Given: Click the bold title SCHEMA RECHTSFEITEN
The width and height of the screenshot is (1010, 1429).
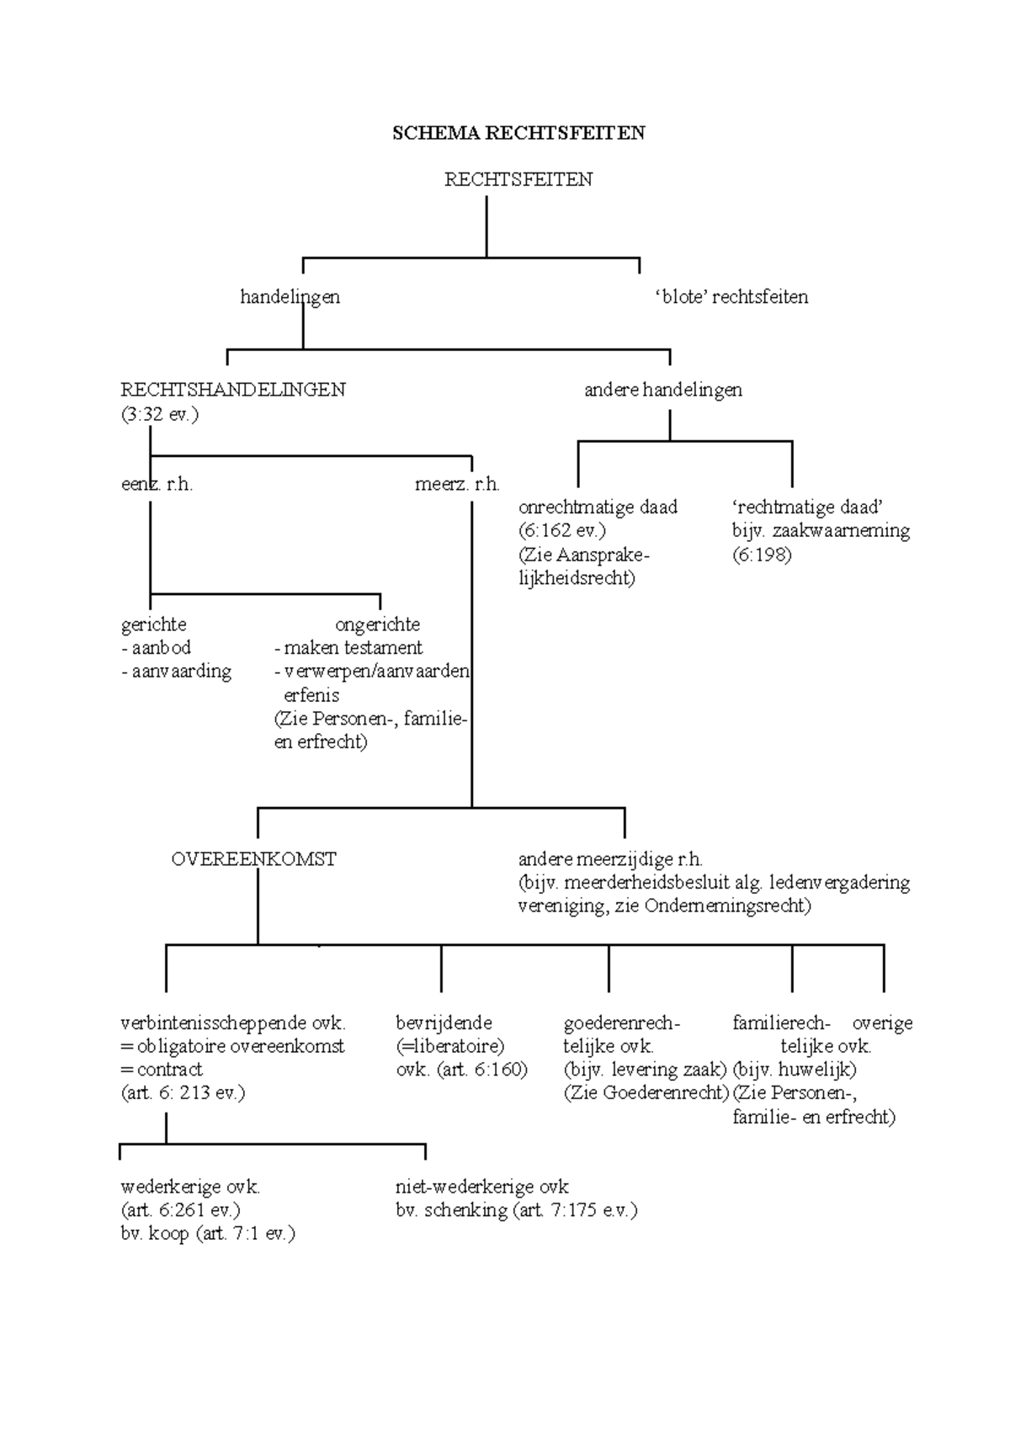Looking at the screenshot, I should tap(518, 133).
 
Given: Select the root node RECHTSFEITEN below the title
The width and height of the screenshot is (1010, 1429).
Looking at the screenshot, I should tap(518, 179).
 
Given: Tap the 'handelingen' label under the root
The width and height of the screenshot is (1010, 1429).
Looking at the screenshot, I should tap(290, 297).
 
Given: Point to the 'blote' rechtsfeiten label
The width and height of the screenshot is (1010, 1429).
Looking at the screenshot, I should tap(731, 297).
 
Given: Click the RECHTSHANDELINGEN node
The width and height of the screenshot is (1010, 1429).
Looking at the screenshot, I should tap(233, 390).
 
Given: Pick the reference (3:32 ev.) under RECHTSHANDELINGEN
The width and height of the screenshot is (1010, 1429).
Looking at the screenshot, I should tap(160, 414).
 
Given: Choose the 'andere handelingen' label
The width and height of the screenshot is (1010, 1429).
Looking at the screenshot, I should tap(663, 390).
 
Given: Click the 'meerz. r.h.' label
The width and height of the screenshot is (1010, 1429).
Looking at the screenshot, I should tap(457, 485).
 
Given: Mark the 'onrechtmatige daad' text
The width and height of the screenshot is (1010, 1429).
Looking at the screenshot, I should tap(598, 507).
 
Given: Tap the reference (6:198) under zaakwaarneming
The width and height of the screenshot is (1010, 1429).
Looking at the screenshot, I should tap(762, 555).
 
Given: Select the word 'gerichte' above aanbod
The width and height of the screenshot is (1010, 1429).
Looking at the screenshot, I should tap(154, 624).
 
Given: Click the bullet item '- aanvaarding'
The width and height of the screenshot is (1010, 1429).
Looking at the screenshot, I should tap(176, 672).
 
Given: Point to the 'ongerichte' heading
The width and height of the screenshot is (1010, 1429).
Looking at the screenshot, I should tap(377, 624).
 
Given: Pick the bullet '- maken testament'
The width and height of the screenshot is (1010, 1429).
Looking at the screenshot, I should tap(348, 648).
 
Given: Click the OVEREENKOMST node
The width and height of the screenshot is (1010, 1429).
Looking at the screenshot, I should tap(253, 859).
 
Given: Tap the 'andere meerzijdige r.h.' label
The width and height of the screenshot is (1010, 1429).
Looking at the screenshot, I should tap(610, 859).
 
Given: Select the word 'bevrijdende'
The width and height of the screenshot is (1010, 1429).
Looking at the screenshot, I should tap(444, 1023).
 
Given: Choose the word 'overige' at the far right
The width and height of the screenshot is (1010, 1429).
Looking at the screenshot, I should tap(882, 1023).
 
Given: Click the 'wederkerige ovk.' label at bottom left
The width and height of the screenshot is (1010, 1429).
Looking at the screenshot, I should tap(191, 1187).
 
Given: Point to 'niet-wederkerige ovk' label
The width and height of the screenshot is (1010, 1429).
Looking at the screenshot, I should tap(482, 1187).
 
